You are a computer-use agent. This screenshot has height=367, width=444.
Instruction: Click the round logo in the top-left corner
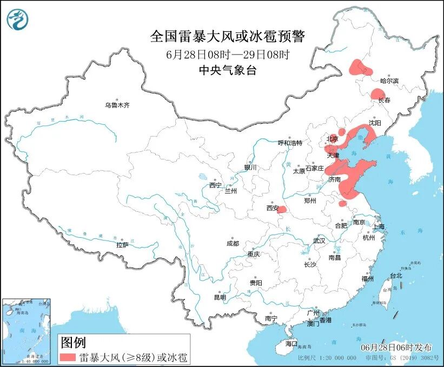(17, 19)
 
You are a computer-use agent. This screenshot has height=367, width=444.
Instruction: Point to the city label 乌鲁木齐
(117, 105)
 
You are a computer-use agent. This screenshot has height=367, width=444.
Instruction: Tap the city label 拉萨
(122, 245)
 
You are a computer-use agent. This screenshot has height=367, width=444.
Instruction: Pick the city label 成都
(233, 243)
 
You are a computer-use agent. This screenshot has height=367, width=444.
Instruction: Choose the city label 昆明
(220, 297)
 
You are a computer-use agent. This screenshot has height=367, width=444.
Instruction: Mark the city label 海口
(291, 343)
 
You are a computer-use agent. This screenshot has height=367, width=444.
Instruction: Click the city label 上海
(379, 226)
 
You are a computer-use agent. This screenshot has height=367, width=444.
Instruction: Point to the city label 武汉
(319, 241)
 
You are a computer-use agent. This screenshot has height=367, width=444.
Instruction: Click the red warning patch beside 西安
(282, 210)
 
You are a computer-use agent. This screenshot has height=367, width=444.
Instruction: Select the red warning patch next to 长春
(377, 94)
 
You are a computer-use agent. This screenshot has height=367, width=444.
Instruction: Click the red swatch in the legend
(68, 357)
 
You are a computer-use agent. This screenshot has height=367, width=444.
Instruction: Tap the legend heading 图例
(72, 342)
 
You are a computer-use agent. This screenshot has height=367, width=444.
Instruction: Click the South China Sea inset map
(26, 330)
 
